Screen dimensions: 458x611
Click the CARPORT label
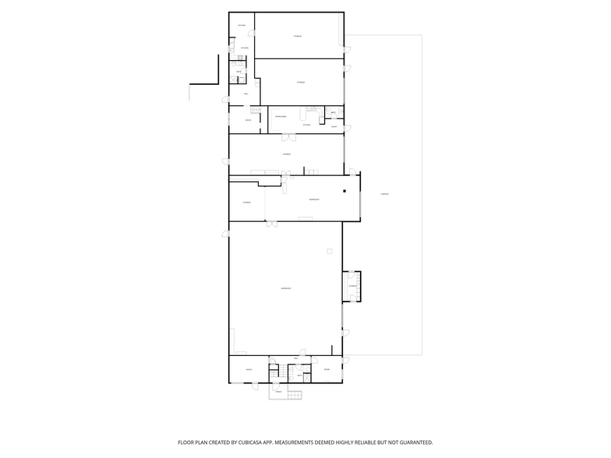click(x=383, y=194)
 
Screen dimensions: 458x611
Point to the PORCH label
click(x=278, y=392)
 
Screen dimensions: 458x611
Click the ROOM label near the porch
click(x=327, y=369)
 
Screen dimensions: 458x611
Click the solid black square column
click(x=344, y=190)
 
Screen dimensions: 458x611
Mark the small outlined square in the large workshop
click(x=330, y=250)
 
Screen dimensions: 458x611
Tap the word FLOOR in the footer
click(x=188, y=442)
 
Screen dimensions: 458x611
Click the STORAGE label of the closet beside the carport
click(x=352, y=287)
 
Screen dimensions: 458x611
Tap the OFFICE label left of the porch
click(x=249, y=369)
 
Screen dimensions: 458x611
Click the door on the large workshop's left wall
click(x=226, y=232)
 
